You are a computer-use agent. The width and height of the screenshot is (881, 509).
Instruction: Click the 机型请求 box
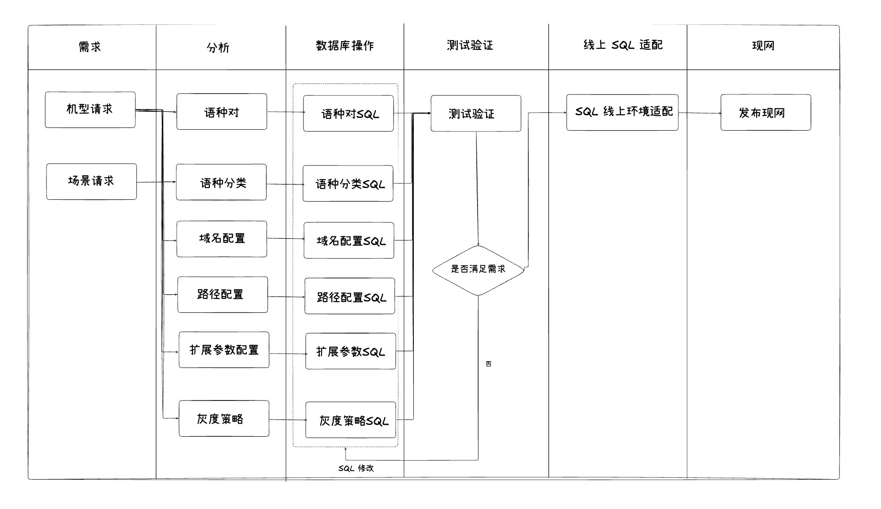(x=90, y=110)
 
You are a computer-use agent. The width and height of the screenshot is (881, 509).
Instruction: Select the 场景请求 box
(x=91, y=181)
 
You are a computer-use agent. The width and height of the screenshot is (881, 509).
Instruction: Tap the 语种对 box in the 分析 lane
(x=222, y=112)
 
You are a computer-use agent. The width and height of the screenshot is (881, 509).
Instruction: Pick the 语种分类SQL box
(x=348, y=184)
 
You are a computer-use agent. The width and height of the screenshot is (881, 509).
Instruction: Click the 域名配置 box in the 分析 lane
(x=222, y=239)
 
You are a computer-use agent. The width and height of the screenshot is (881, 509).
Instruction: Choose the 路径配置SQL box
(x=350, y=296)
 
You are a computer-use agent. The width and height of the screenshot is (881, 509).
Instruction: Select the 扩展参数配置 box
(x=224, y=350)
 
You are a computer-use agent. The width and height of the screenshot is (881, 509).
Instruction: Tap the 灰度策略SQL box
(x=351, y=420)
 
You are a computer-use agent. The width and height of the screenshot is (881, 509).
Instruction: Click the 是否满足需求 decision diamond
(x=478, y=270)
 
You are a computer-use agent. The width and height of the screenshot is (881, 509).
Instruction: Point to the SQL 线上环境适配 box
(x=622, y=113)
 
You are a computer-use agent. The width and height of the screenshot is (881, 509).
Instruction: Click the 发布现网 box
(x=766, y=113)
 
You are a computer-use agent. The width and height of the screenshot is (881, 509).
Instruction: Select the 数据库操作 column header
(x=345, y=46)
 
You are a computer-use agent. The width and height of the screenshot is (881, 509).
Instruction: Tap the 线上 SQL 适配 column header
(x=623, y=45)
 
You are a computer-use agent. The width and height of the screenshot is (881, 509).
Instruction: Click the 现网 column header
(x=763, y=46)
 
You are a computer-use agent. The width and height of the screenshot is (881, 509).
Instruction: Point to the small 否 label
(x=488, y=364)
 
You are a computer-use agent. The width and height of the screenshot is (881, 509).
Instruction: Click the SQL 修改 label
(x=356, y=468)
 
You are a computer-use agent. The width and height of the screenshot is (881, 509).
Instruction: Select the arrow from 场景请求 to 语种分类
(x=156, y=182)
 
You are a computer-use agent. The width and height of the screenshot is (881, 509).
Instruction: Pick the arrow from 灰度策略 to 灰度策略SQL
(x=288, y=420)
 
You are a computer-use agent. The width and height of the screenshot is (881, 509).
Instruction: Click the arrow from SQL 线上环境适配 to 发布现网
(x=700, y=113)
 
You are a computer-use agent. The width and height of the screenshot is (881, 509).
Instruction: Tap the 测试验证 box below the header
(x=476, y=113)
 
